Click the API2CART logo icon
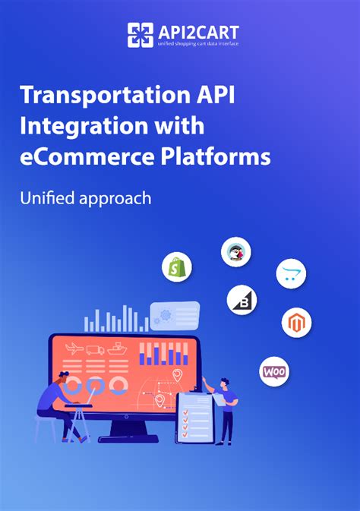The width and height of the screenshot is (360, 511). coord(141,35)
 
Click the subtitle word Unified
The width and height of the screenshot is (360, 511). coord(48,197)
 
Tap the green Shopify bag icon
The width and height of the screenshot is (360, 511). coord(177,267)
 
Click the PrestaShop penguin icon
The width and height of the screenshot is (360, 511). coord(236,252)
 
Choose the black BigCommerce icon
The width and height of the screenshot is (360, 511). coord(242,300)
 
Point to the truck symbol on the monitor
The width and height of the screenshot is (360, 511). coord(95,349)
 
